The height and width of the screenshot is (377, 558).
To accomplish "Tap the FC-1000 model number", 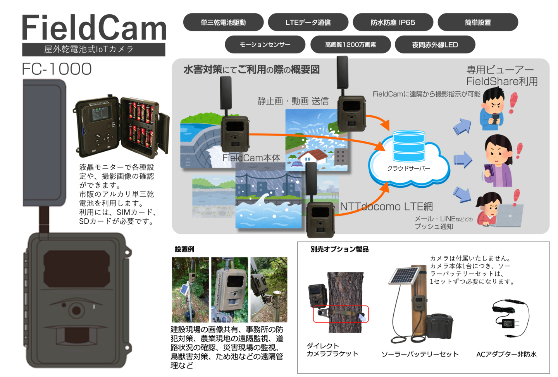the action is tap(57, 69).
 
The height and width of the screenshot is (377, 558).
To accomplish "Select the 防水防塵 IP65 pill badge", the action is tap(393, 22).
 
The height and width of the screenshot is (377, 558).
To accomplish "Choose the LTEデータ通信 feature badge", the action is tap(308, 22).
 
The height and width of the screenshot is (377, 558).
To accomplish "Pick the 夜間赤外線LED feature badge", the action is tap(435, 45).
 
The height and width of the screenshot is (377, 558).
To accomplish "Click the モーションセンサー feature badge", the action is tap(265, 45).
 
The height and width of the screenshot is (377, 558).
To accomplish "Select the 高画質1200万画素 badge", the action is tap(350, 45).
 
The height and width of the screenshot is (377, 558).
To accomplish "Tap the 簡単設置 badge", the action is tap(478, 22).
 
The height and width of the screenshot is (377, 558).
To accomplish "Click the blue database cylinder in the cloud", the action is tap(409, 146).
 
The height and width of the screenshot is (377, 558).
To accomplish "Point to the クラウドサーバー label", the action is tap(408, 168).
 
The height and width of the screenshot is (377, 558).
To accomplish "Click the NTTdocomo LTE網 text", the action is tap(386, 206).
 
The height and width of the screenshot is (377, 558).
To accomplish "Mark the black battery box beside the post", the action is tap(440, 326).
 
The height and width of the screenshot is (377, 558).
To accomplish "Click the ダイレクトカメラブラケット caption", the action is tap(332, 350).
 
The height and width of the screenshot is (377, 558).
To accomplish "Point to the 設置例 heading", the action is tap(184, 249).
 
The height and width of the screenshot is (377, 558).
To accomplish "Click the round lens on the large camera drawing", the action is tap(76, 310).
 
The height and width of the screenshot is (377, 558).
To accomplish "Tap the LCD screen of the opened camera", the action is tap(99, 114).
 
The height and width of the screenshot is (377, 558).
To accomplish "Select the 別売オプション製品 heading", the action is tap(339, 249).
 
